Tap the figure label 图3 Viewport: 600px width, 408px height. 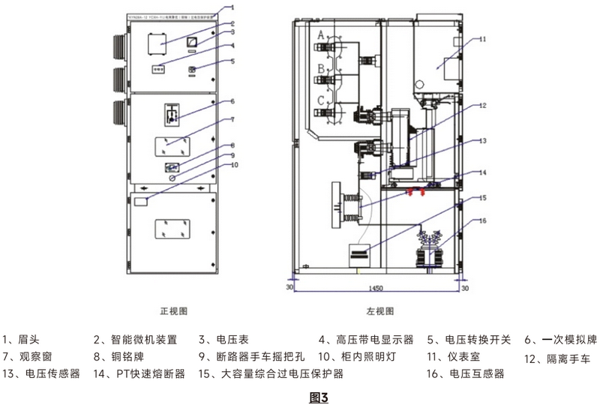point(319,395)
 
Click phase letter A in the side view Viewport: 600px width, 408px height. point(321,34)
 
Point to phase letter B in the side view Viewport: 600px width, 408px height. point(321,68)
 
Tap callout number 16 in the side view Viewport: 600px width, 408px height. point(483,220)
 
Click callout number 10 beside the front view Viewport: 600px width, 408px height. point(234,164)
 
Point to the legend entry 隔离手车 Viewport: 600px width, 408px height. point(563,358)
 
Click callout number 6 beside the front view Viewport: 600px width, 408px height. point(232,100)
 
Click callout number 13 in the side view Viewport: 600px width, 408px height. point(483,140)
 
